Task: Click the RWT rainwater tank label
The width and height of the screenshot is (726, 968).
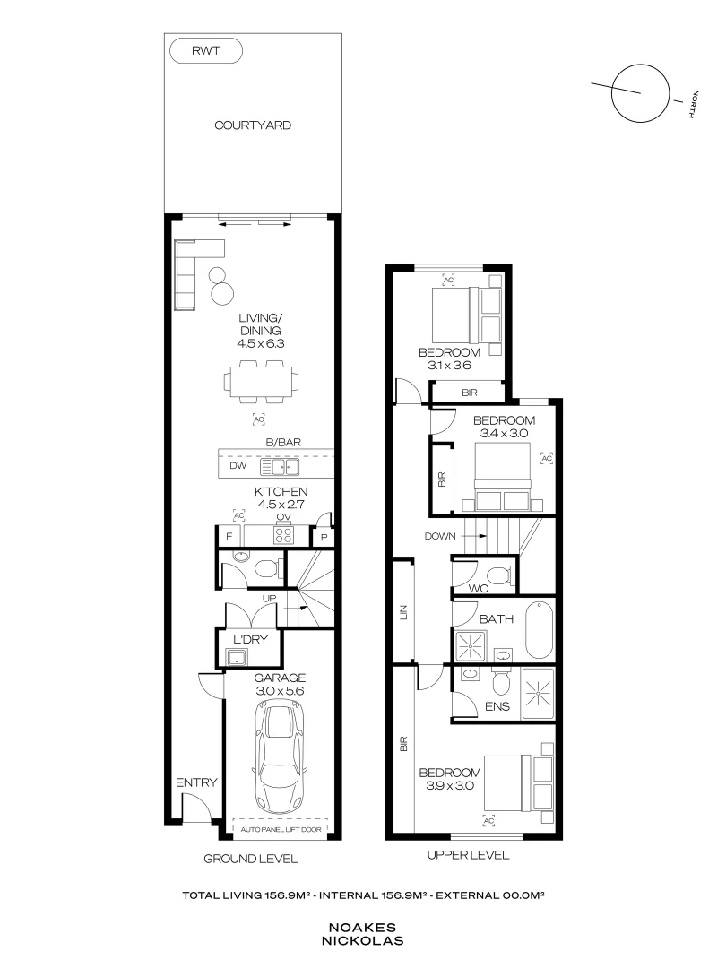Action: coord(205,52)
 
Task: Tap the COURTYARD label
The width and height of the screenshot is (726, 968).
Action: coord(252,125)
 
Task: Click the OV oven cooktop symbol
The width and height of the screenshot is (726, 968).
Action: coord(284,534)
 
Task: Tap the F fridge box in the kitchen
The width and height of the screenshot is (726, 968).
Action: coord(229,535)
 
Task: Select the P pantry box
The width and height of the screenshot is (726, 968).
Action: coord(323,536)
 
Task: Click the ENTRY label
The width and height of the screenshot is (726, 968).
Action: coord(195,782)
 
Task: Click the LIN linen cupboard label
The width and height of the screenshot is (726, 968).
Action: coord(403,612)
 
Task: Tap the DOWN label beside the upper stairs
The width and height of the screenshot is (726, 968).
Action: coord(441,536)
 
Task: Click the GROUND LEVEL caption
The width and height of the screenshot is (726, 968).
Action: coord(250,858)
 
